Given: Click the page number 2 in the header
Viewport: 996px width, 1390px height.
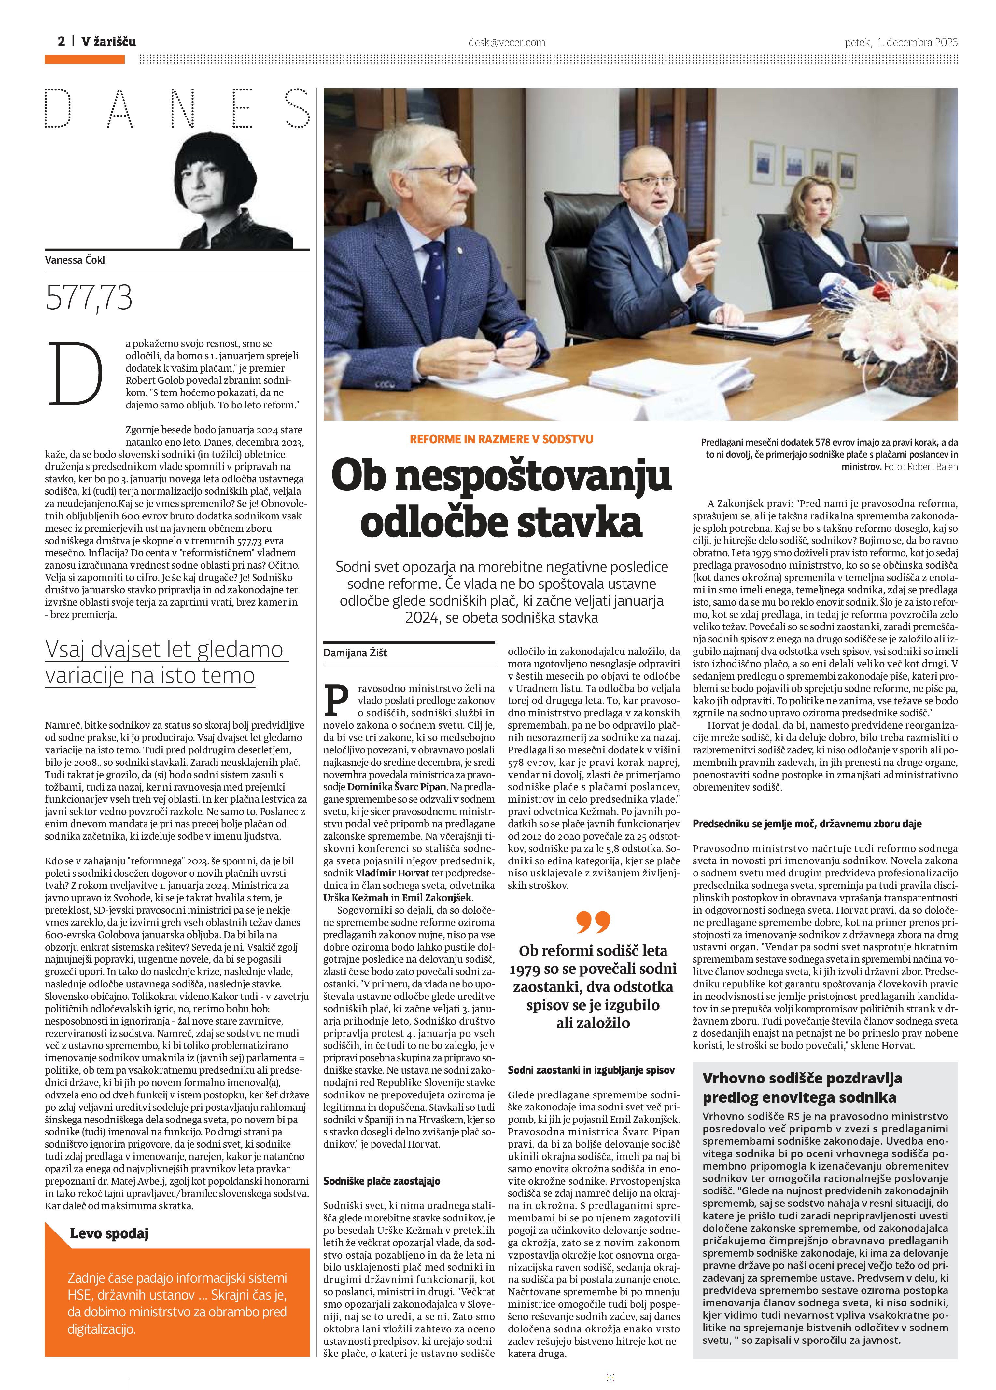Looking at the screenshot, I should click(61, 42).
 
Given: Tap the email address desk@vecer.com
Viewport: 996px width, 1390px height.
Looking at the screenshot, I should click(507, 42).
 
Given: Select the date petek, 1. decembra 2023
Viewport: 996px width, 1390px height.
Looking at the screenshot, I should click(901, 42).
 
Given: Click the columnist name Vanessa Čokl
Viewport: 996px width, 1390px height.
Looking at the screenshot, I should click(75, 260).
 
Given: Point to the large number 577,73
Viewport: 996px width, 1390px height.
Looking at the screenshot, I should click(89, 298).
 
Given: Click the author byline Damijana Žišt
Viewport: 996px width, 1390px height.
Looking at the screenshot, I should click(355, 653).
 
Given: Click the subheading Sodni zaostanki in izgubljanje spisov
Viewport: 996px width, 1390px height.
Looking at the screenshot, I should click(591, 1070).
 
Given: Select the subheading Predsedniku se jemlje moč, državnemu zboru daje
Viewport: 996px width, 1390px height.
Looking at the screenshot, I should click(807, 824).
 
